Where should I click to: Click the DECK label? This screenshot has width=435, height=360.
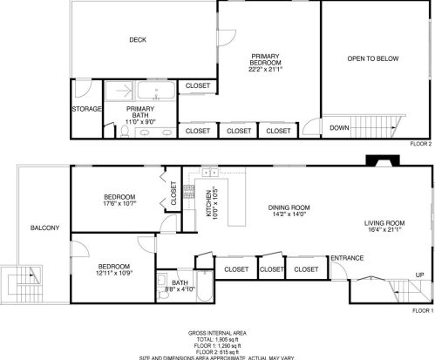137,39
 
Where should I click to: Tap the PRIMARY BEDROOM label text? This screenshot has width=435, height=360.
265,58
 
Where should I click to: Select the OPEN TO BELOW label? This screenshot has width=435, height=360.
372,58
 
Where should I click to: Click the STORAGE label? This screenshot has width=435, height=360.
86,109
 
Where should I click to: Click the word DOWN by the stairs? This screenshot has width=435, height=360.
339,127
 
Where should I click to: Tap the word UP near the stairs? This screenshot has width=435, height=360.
419,275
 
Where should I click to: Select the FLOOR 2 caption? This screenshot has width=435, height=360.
421,144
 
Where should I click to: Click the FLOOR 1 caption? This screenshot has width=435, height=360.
421,309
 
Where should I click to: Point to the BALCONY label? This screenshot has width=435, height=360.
44,228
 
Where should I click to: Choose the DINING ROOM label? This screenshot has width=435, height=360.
289,207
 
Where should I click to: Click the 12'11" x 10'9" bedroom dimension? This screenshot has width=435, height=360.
113,274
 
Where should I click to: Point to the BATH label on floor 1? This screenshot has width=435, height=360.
180,282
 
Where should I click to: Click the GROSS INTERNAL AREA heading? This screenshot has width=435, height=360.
216,333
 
